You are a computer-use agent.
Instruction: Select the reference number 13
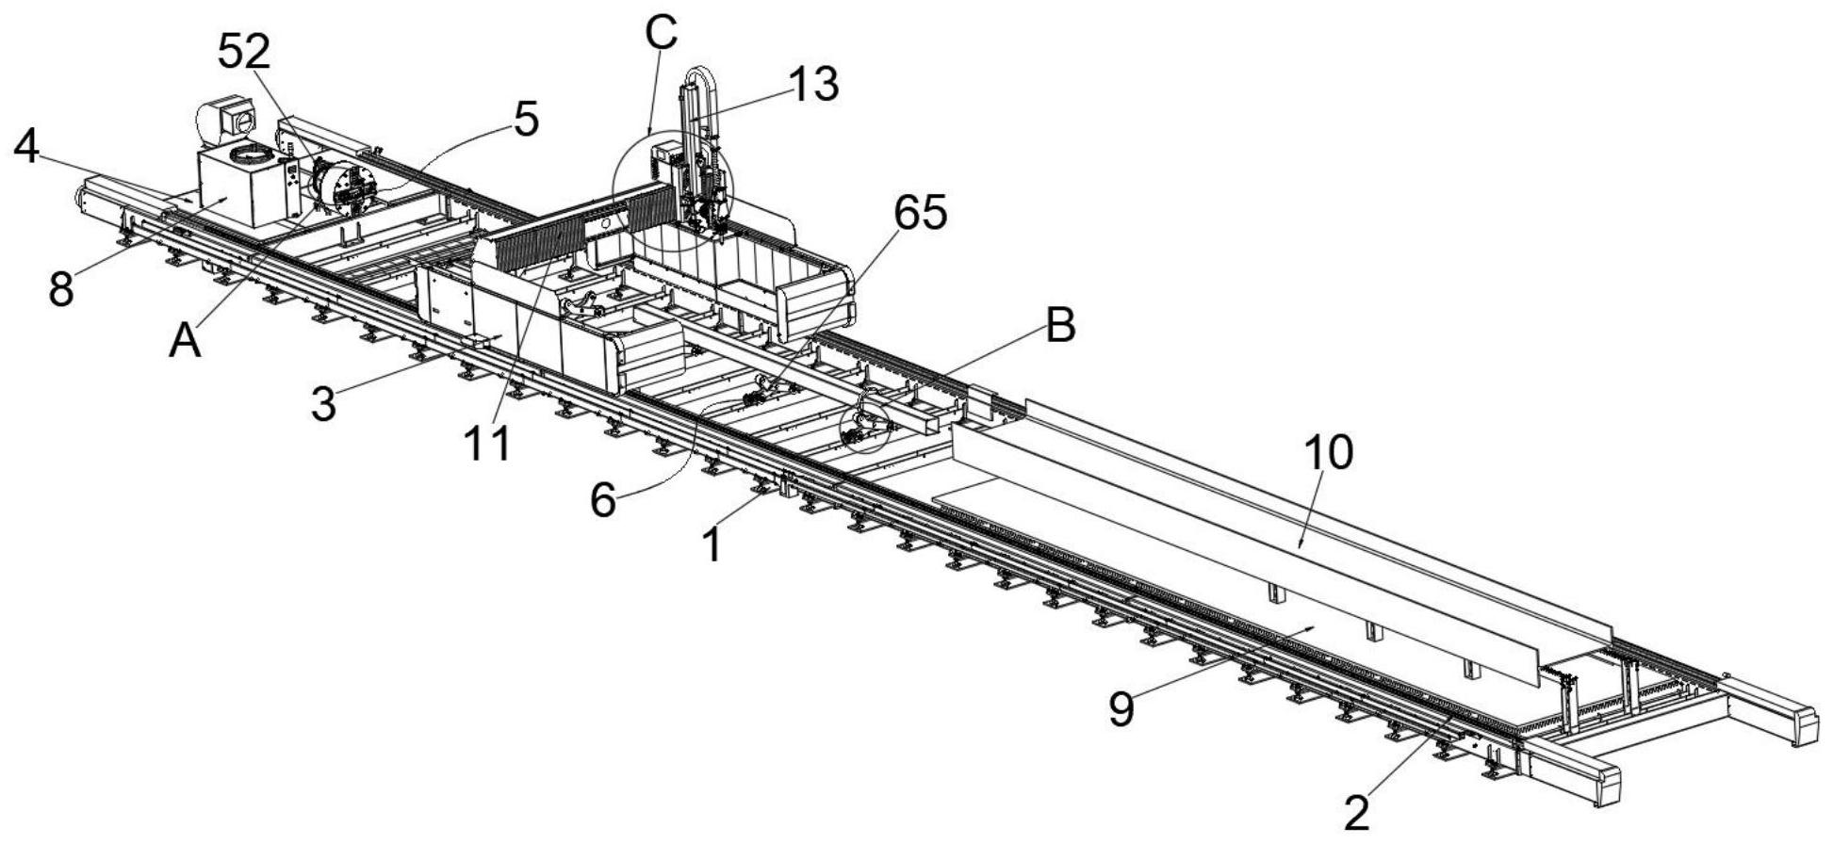[812, 85]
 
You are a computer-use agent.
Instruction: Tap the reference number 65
[920, 215]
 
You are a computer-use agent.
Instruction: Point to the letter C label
[662, 33]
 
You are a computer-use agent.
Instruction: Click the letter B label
[1061, 327]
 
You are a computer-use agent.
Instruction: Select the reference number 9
[1121, 708]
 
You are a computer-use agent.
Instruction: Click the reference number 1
[713, 544]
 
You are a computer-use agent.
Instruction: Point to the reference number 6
[603, 499]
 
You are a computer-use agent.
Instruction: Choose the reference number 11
[488, 443]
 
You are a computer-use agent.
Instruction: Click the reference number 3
[323, 404]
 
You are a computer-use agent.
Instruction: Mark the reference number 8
[61, 290]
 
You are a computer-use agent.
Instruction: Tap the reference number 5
[526, 121]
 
